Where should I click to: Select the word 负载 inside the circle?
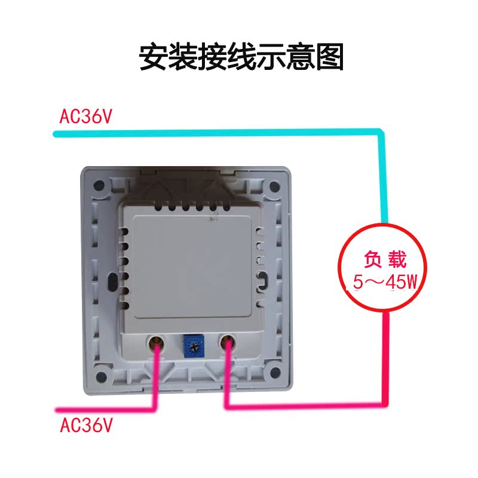[385, 261]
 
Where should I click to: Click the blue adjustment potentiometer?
[192, 345]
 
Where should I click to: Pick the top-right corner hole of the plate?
[275, 186]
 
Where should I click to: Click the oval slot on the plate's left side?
[112, 281]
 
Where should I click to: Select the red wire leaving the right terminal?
[299, 407]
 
